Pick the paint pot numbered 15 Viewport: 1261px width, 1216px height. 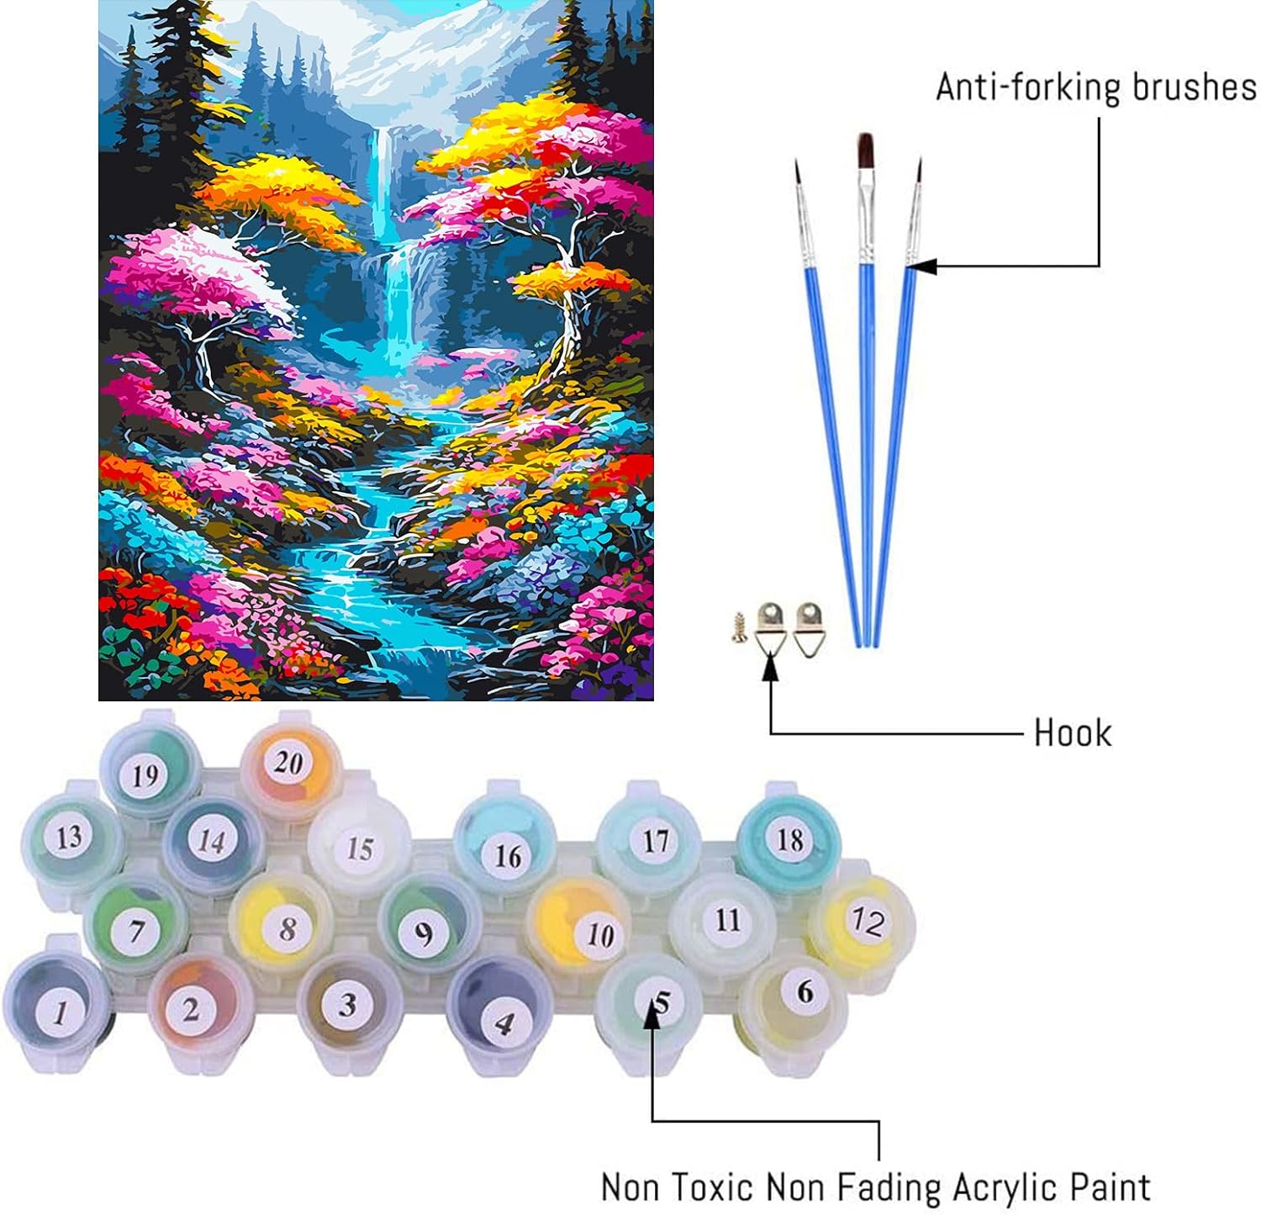359,848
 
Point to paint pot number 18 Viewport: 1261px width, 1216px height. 789,839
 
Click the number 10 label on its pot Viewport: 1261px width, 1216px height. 599,933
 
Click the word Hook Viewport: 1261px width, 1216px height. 1072,732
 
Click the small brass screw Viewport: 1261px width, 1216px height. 740,627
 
